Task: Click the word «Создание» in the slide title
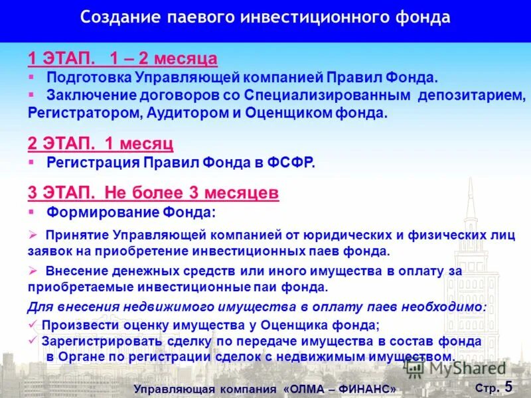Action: click(x=115, y=17)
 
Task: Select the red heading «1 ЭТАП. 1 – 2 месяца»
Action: click(x=123, y=58)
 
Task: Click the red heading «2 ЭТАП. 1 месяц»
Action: click(x=100, y=143)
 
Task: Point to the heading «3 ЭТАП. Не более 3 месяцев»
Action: click(x=153, y=193)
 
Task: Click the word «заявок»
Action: click(x=48, y=252)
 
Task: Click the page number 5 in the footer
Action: click(x=509, y=386)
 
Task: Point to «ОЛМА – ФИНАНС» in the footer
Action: click(x=340, y=389)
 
